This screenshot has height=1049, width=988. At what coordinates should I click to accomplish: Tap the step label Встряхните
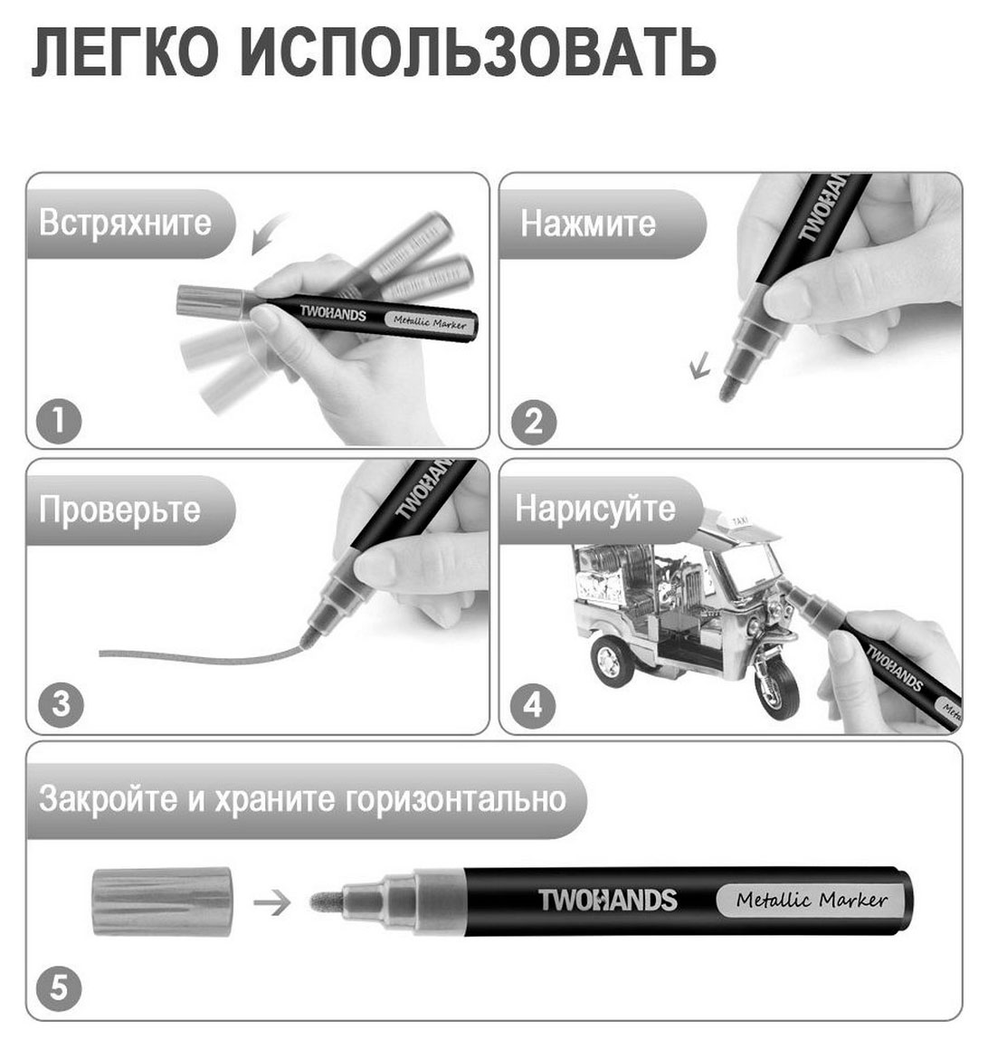tap(125, 223)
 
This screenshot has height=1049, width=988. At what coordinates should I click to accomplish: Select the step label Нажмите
tap(588, 223)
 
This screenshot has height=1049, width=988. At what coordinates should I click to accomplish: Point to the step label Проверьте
tap(119, 509)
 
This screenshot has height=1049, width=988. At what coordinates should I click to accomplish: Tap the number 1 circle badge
tap(60, 421)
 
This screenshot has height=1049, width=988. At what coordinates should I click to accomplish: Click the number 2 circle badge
tap(533, 421)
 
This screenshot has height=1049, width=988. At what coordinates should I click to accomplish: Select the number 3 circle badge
tap(60, 703)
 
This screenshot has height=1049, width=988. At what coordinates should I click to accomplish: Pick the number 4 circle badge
tap(533, 703)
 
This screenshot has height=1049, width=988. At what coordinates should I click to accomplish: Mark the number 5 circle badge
tap(60, 987)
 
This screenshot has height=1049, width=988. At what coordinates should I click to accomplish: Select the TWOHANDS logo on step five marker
tap(607, 900)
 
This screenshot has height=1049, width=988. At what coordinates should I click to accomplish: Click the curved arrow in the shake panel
tap(270, 233)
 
